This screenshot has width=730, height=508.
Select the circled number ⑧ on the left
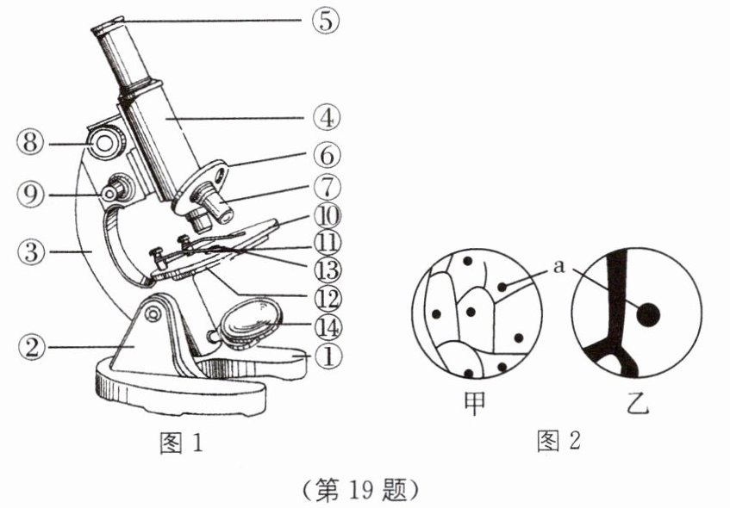[x=32, y=143]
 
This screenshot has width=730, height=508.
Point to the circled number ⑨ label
[x=32, y=195]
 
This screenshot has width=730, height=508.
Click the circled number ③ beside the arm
[x=32, y=251]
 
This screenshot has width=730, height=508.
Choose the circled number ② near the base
[x=32, y=347]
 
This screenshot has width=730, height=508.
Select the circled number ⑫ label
[x=327, y=298]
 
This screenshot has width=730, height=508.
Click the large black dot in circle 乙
[x=647, y=316]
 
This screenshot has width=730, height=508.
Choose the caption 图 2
[x=558, y=442]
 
